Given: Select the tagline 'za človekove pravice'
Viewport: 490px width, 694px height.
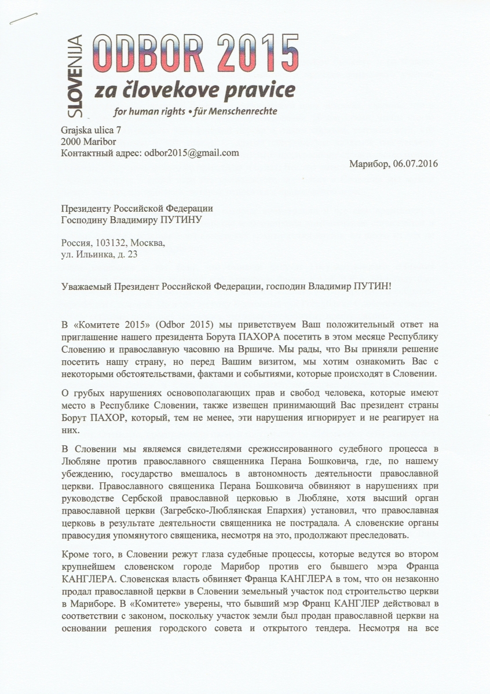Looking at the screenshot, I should [x=190, y=90].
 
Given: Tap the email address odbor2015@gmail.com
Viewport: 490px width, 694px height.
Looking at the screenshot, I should [x=191, y=153].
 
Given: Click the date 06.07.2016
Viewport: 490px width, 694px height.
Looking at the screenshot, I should [x=415, y=164].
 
